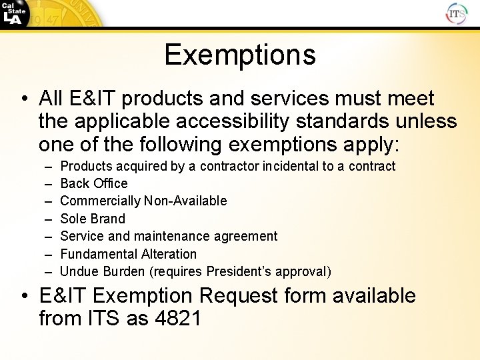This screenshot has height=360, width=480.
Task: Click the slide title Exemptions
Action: click(240, 54)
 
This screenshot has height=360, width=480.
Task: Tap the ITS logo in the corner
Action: click(457, 13)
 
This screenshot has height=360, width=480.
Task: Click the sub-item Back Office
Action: click(94, 183)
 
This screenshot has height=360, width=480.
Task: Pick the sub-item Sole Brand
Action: click(93, 219)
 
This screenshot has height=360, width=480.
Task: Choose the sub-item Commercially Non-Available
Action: click(143, 201)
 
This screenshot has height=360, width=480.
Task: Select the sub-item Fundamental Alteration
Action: click(129, 254)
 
